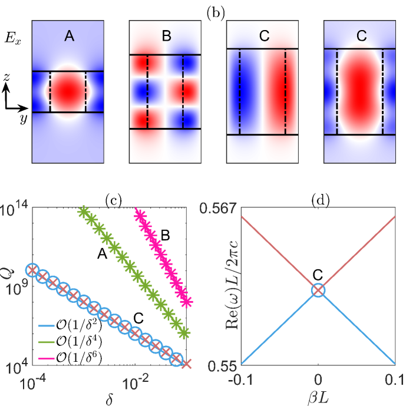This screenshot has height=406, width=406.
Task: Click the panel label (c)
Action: [113, 200]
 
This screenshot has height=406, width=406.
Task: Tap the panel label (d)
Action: [318, 200]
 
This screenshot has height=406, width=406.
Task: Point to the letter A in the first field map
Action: [69, 37]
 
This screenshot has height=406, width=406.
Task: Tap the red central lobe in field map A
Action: [67, 91]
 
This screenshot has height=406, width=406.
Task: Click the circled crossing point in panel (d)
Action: [318, 290]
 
